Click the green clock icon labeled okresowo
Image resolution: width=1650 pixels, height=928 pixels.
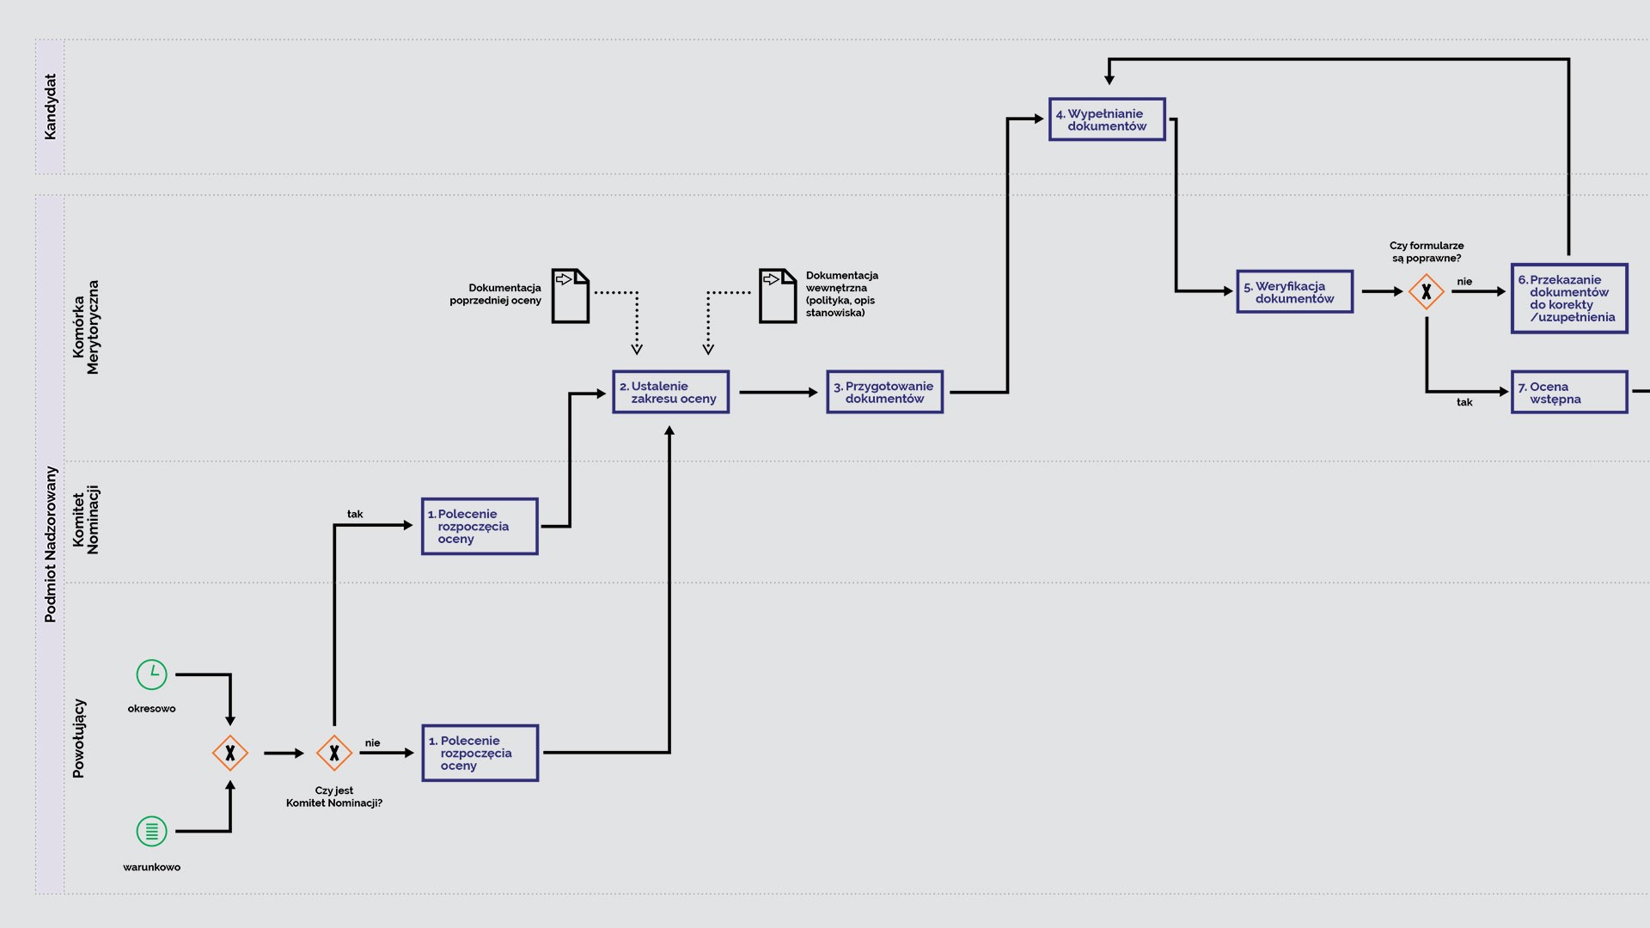tap(152, 675)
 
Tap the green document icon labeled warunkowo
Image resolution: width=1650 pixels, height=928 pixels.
tap(152, 831)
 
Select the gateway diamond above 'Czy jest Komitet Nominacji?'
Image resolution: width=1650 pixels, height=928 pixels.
tap(334, 753)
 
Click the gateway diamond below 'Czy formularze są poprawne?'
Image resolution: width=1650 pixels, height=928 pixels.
tap(1426, 292)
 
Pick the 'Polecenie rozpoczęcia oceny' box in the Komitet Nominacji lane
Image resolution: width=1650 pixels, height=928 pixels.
tap(480, 526)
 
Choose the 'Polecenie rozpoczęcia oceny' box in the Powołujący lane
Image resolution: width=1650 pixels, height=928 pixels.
tap(480, 753)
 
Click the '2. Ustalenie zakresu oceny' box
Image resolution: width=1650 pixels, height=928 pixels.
tap(670, 392)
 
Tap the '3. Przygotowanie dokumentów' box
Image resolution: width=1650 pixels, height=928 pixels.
tap(884, 392)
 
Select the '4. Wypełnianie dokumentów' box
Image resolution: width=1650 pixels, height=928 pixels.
tap(1107, 119)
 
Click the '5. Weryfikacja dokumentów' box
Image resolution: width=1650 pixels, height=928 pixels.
tap(1294, 292)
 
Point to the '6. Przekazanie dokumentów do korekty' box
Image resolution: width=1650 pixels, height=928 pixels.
tap(1568, 298)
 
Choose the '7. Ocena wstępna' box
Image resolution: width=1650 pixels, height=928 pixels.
tap(1568, 392)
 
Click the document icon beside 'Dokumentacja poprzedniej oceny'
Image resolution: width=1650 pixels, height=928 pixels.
tap(571, 296)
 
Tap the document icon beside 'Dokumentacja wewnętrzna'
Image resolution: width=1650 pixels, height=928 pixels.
tap(778, 296)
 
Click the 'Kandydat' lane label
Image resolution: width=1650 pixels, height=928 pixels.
tap(50, 107)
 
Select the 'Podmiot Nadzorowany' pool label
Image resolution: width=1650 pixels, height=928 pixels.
tap(50, 544)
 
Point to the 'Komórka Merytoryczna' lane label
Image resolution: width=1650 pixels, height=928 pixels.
tap(86, 327)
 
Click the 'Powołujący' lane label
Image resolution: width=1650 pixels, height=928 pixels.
tap(79, 738)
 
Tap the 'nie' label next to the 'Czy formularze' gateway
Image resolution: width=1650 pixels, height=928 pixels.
tap(1464, 282)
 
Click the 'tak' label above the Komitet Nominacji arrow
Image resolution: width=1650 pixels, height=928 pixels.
tap(355, 514)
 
